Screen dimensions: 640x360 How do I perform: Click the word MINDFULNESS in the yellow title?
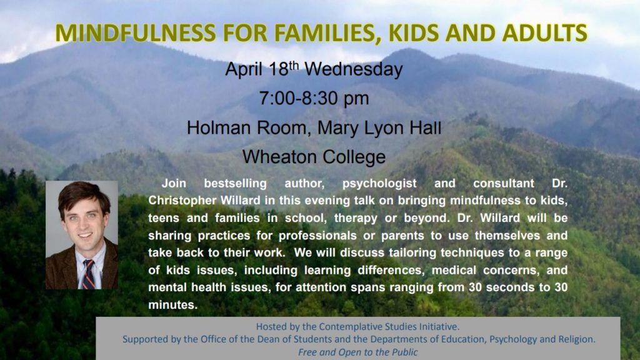pyautogui.click(x=136, y=33)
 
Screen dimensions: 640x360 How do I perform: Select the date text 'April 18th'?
pyautogui.click(x=262, y=69)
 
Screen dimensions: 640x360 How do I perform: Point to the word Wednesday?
pyautogui.click(x=354, y=69)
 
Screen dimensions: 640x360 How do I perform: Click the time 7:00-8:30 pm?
pyautogui.click(x=314, y=98)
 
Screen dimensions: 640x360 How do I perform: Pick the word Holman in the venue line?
pyautogui.click(x=219, y=127)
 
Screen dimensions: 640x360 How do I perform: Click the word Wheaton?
pyautogui.click(x=279, y=157)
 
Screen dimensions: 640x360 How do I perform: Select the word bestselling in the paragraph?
pyautogui.click(x=235, y=184)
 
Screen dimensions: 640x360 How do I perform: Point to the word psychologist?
pyautogui.click(x=379, y=184)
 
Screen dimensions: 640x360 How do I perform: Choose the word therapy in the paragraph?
pyautogui.click(x=356, y=218)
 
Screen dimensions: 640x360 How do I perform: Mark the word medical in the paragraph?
pyautogui.click(x=454, y=270)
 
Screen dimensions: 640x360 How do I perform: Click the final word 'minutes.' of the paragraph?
pyautogui.click(x=173, y=305)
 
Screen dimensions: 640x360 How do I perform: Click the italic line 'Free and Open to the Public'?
pyautogui.click(x=358, y=352)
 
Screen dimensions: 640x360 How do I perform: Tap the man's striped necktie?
pyautogui.click(x=89, y=274)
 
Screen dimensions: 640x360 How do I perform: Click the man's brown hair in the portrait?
pyautogui.click(x=84, y=194)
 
